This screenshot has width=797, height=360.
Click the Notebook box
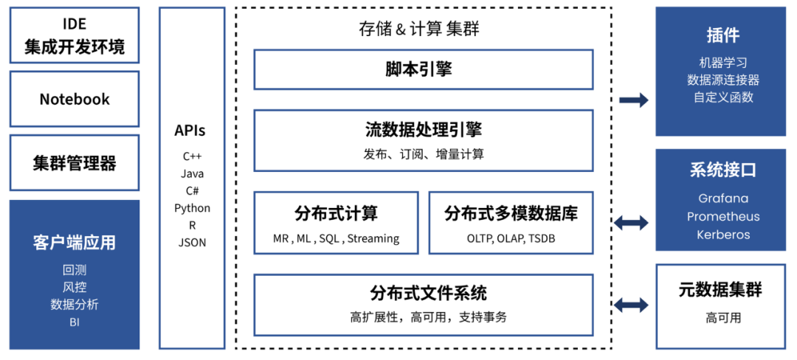[x=75, y=99]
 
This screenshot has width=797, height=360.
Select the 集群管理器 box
[x=75, y=163]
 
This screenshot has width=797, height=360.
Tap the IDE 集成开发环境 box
[x=75, y=35]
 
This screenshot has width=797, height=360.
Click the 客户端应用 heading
[x=75, y=243]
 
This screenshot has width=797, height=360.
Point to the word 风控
[x=75, y=287]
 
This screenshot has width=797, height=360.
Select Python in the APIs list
[x=192, y=208]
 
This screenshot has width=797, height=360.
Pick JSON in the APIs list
[x=192, y=242]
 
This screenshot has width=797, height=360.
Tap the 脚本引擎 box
[x=423, y=69]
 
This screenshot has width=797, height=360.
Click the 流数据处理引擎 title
[x=423, y=131]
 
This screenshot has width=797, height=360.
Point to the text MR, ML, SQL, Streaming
[x=336, y=238]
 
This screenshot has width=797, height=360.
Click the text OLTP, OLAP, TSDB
[x=511, y=238]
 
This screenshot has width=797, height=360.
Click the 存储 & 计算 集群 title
[x=423, y=30]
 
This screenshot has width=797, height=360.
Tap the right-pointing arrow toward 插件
[x=633, y=100]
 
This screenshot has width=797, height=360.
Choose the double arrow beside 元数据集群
[x=633, y=304]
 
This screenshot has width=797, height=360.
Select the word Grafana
[x=723, y=198]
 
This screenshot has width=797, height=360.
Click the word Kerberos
[x=723, y=235]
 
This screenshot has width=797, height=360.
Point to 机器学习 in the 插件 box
[x=723, y=63]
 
